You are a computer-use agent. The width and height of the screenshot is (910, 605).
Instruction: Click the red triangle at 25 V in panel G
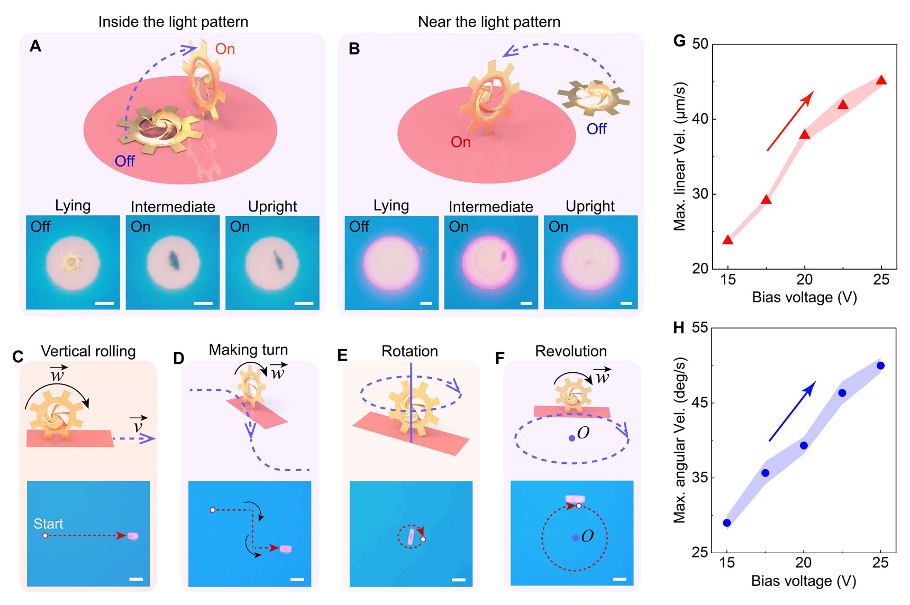[x=881, y=80]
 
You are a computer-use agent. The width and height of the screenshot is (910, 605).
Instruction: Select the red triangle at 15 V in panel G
[x=728, y=240]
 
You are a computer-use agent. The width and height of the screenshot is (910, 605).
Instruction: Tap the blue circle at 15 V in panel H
[x=727, y=522]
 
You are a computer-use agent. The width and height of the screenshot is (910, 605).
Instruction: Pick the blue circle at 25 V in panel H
[x=880, y=365]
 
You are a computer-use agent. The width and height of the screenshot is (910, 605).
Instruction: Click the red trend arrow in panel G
[x=790, y=121]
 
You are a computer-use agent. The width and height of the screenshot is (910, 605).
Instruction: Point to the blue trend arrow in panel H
[x=792, y=411]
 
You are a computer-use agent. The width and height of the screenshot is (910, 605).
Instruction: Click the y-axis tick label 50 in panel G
[x=700, y=44]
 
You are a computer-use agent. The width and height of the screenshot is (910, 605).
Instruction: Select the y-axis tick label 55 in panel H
[x=699, y=328]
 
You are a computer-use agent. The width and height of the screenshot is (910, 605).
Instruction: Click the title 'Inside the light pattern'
[x=173, y=22]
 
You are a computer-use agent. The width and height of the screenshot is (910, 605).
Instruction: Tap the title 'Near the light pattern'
[x=489, y=22]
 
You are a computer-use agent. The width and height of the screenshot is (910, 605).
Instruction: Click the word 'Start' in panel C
[x=48, y=524]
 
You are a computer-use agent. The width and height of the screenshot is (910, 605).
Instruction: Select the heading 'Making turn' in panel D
[x=248, y=350]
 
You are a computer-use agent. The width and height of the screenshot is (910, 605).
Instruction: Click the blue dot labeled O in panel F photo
[x=575, y=538]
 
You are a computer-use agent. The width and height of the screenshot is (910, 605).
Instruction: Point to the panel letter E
[x=343, y=355]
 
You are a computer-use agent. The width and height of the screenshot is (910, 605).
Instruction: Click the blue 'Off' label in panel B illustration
[x=596, y=129]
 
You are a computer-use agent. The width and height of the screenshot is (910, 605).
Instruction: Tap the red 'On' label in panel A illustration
[x=225, y=49]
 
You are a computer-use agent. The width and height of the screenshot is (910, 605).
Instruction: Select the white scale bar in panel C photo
[x=136, y=579]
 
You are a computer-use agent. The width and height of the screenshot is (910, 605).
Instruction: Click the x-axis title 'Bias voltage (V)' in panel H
[x=803, y=581]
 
